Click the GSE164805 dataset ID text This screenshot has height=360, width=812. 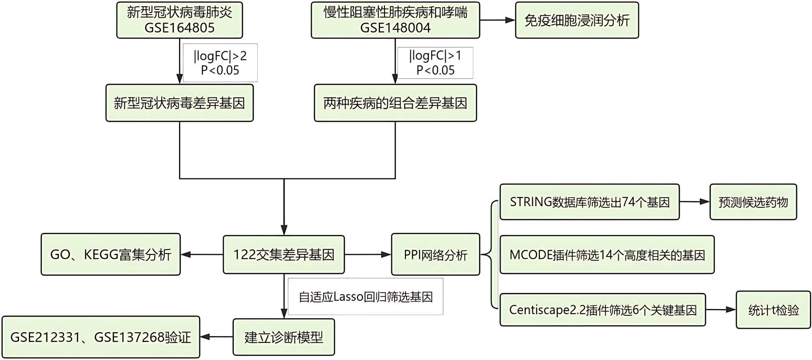point(179,28)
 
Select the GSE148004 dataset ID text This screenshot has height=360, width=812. point(395,28)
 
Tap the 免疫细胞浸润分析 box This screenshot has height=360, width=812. point(577,20)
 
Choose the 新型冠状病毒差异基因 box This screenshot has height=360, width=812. point(179,103)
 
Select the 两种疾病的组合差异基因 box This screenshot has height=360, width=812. point(395,103)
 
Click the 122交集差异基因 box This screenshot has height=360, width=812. point(284,254)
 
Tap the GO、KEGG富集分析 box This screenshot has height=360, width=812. point(110,254)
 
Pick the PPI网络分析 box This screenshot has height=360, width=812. point(435,254)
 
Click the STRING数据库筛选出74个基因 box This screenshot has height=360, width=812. point(590,202)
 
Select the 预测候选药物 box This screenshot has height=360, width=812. point(753,202)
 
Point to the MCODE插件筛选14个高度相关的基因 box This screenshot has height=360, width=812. point(607,255)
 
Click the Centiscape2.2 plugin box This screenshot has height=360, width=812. point(603,310)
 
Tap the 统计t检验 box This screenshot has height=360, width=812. point(773,310)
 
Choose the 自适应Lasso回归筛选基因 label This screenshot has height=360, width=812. point(365,297)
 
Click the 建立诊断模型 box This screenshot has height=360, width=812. point(284,337)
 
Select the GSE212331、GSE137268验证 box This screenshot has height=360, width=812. point(101,337)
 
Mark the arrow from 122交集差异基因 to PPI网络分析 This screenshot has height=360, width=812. point(368,254)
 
